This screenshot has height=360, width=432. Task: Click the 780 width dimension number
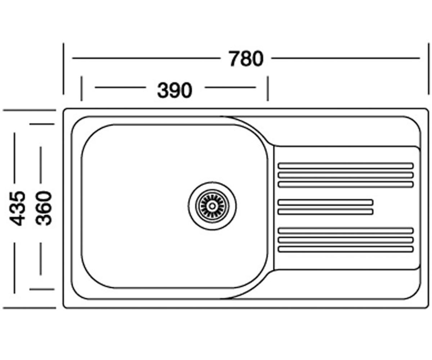(246, 59)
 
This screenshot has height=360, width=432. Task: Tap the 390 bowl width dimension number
(175, 90)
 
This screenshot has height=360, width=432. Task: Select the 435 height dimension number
(18, 208)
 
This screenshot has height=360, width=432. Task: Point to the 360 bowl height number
(44, 208)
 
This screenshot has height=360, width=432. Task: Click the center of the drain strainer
(212, 206)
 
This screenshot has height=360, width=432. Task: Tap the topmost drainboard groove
(346, 166)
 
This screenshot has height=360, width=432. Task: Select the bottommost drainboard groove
(346, 249)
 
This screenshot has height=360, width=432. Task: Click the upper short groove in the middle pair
(325, 202)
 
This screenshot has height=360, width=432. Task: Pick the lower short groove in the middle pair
(325, 212)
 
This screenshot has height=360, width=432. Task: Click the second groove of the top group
(346, 175)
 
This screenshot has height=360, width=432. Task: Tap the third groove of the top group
(346, 184)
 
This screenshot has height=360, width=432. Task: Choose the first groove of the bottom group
(346, 231)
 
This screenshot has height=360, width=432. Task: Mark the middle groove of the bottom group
(346, 240)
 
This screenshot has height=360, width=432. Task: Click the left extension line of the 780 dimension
(63, 69)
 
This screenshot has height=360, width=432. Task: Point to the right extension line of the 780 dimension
(428, 69)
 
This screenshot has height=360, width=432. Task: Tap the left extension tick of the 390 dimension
(81, 89)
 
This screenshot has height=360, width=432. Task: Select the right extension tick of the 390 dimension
(268, 89)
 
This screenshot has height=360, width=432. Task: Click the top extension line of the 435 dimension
(30, 110)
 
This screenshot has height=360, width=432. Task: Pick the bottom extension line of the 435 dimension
(30, 308)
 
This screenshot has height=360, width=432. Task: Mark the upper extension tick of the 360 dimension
(42, 124)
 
